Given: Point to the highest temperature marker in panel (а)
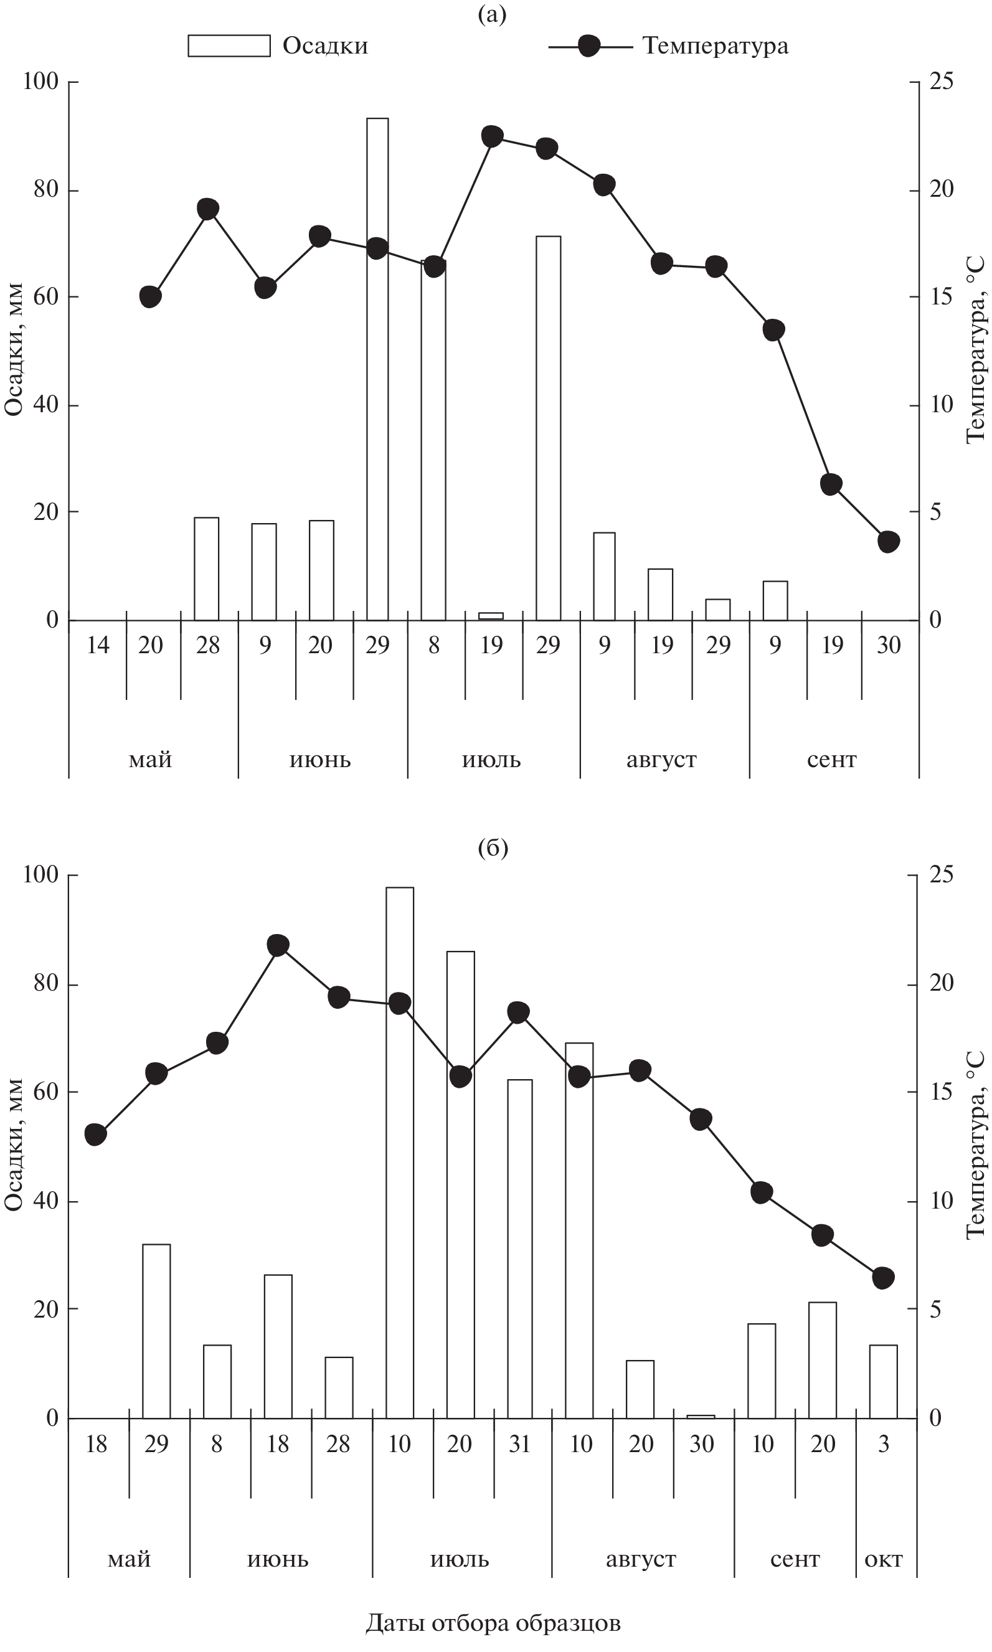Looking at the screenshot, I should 492,136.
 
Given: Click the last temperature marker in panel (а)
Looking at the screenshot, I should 889,541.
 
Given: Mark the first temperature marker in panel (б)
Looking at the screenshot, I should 97,1134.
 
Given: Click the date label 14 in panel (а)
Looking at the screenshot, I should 98,645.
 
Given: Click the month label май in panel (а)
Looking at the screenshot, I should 151,760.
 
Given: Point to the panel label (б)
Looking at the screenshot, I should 493,848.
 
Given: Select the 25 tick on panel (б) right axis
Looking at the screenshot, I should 941,875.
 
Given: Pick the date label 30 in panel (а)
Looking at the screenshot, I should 889,645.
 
